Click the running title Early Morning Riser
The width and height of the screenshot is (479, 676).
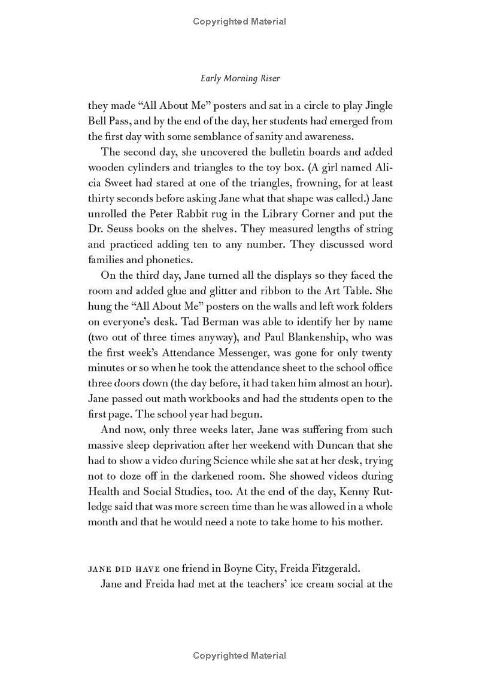coord(239,78)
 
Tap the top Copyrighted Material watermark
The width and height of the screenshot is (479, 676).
coord(239,22)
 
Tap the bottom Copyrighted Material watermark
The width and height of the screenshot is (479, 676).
coord(239,656)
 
